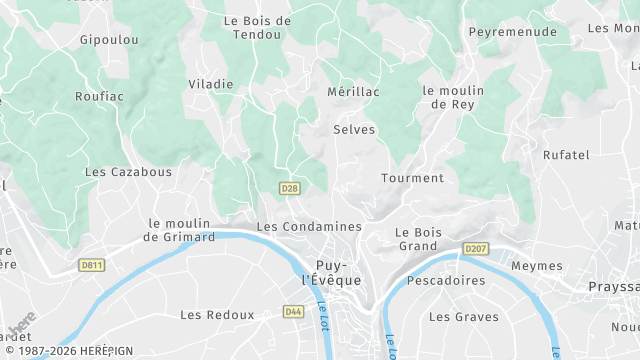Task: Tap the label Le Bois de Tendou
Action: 257,27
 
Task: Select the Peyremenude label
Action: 513,32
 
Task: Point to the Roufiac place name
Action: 98,97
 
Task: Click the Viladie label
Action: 210,84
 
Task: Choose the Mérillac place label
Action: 354,91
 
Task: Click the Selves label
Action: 354,130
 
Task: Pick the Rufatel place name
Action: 566,155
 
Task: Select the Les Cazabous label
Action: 128,172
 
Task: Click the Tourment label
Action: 412,178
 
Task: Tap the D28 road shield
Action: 289,188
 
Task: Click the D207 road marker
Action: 475,248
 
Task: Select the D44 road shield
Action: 293,312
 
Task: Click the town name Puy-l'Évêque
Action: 331,273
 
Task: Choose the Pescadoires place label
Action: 447,281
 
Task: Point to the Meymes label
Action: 536,266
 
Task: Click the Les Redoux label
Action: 217,315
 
